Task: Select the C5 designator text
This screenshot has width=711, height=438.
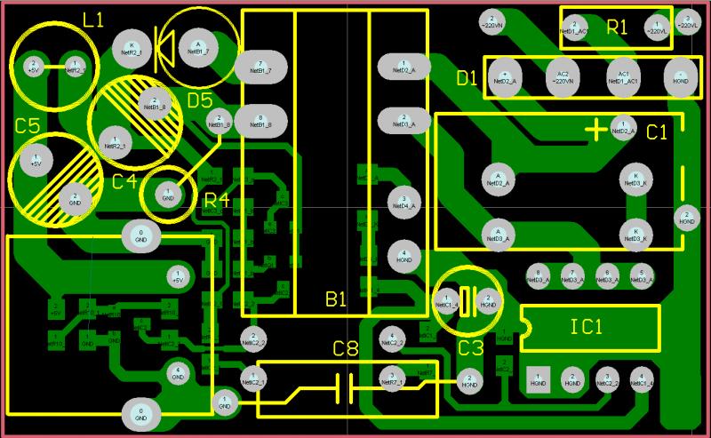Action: point(27,125)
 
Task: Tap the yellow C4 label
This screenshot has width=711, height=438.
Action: point(124,181)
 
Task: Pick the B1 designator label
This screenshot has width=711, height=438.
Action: point(335,301)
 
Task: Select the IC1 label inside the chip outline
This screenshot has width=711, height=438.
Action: point(586,326)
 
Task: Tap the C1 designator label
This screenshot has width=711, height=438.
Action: point(656,132)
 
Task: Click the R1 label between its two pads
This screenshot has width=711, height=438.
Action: point(617,28)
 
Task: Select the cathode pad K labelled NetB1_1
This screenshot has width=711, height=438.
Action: point(132,49)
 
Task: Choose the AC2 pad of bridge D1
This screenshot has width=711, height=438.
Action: point(561,76)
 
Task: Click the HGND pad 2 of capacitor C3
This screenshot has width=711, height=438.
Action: point(488,300)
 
